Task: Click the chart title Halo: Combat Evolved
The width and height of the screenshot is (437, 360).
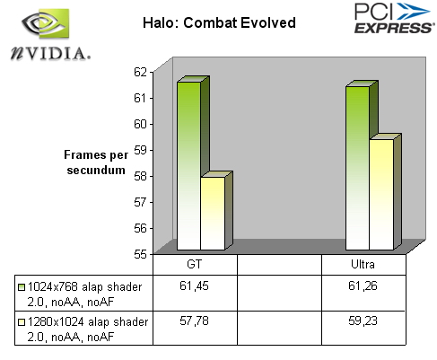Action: click(x=219, y=23)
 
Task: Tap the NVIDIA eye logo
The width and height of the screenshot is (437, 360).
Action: click(x=46, y=23)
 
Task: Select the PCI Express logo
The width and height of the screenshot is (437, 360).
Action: click(x=393, y=18)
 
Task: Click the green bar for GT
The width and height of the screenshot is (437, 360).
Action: click(x=188, y=165)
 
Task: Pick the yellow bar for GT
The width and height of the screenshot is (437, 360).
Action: click(x=213, y=214)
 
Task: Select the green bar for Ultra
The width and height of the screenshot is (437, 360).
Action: click(x=357, y=168)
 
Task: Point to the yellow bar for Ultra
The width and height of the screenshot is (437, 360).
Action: click(x=381, y=195)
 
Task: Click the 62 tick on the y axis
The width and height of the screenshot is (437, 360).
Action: click(x=140, y=72)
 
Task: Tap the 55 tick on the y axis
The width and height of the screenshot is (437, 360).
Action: click(x=140, y=254)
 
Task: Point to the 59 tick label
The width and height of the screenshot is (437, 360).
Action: click(x=140, y=150)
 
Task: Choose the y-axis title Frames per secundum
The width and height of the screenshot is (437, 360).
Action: click(x=96, y=162)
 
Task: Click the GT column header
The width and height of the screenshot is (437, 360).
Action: click(x=195, y=265)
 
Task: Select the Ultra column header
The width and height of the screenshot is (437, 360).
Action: click(x=363, y=265)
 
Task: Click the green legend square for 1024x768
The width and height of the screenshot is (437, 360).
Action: click(x=22, y=287)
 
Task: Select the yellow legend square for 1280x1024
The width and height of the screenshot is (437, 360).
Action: click(x=22, y=322)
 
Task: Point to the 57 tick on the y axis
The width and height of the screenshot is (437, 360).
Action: click(x=140, y=203)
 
